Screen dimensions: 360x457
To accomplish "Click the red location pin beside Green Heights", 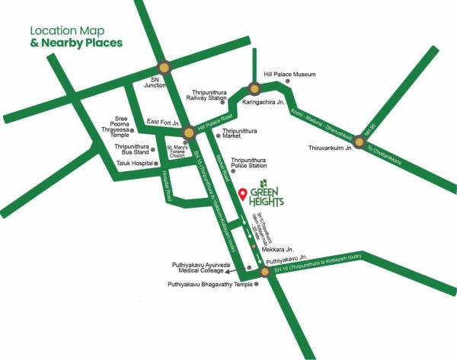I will [x=243, y=193].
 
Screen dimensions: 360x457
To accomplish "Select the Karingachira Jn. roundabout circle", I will [x=254, y=88].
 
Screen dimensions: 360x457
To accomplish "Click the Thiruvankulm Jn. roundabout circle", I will [x=358, y=139].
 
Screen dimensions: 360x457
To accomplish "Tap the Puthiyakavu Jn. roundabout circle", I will [x=264, y=271].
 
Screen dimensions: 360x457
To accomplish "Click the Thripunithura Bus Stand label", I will [x=130, y=148].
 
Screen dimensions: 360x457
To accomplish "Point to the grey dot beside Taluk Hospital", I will [x=157, y=163].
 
